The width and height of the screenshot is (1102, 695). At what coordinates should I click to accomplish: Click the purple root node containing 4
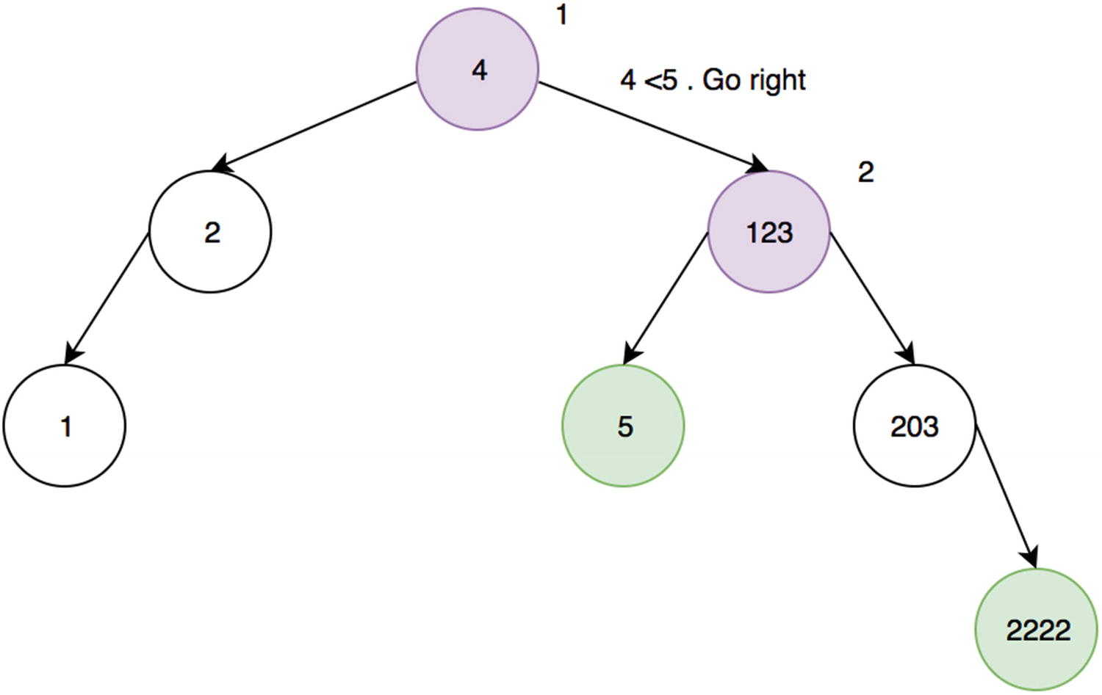478,70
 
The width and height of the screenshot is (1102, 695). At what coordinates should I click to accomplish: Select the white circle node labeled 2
210,232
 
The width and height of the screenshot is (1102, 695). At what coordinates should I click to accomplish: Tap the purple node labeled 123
769,232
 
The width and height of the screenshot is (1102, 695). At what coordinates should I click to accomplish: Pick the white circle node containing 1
65,426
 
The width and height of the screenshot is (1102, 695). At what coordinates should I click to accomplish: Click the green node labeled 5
624,426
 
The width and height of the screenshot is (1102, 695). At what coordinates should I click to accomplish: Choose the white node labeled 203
915,426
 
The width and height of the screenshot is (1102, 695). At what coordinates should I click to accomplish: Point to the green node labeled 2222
1037,630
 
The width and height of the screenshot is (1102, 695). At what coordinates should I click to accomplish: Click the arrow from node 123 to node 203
872,297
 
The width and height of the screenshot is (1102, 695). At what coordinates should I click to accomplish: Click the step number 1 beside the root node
562,15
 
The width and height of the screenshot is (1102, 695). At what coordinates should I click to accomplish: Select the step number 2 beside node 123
866,172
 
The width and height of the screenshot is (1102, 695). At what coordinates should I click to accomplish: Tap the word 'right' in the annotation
777,80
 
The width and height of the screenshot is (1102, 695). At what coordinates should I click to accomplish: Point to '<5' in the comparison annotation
660,79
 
